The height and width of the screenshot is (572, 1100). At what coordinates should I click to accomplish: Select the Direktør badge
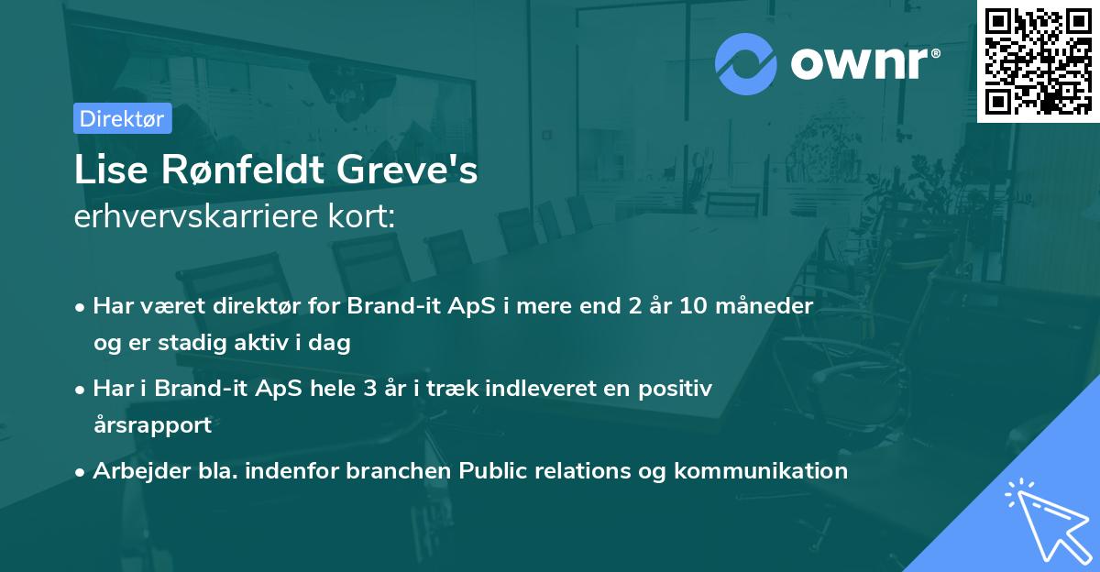pyautogui.click(x=122, y=118)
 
